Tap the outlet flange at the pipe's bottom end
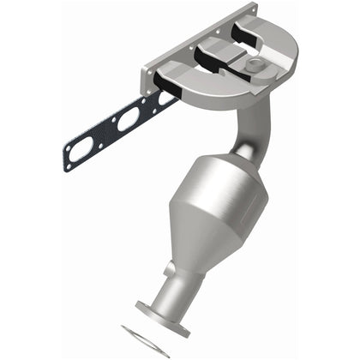(161, 308)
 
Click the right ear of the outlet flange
(184, 313)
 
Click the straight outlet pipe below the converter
(171, 283)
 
